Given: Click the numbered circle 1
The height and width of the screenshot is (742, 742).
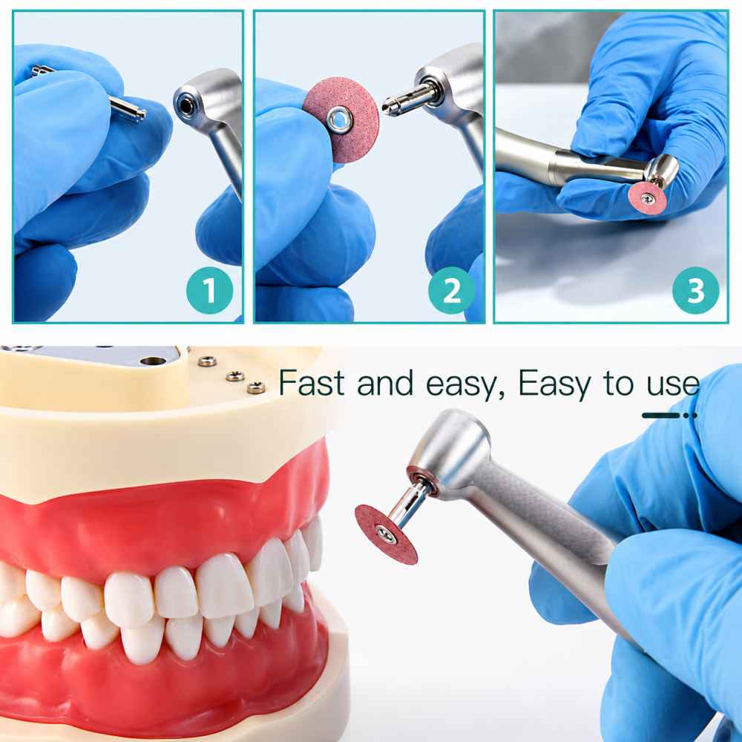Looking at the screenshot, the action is click(x=210, y=291).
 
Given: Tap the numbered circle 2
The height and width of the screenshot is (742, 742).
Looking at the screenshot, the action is click(x=451, y=291).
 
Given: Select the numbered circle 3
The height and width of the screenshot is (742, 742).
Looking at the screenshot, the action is click(x=696, y=291).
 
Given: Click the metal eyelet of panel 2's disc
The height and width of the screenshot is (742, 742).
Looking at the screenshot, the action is click(x=339, y=119).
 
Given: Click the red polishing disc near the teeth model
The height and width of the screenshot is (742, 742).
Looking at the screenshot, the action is click(x=386, y=534).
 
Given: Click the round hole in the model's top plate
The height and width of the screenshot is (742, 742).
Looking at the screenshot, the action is click(x=153, y=361).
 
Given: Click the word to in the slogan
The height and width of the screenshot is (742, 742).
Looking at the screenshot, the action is click(x=619, y=384).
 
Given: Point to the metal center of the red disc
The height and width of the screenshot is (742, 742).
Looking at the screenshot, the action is click(x=386, y=534).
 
